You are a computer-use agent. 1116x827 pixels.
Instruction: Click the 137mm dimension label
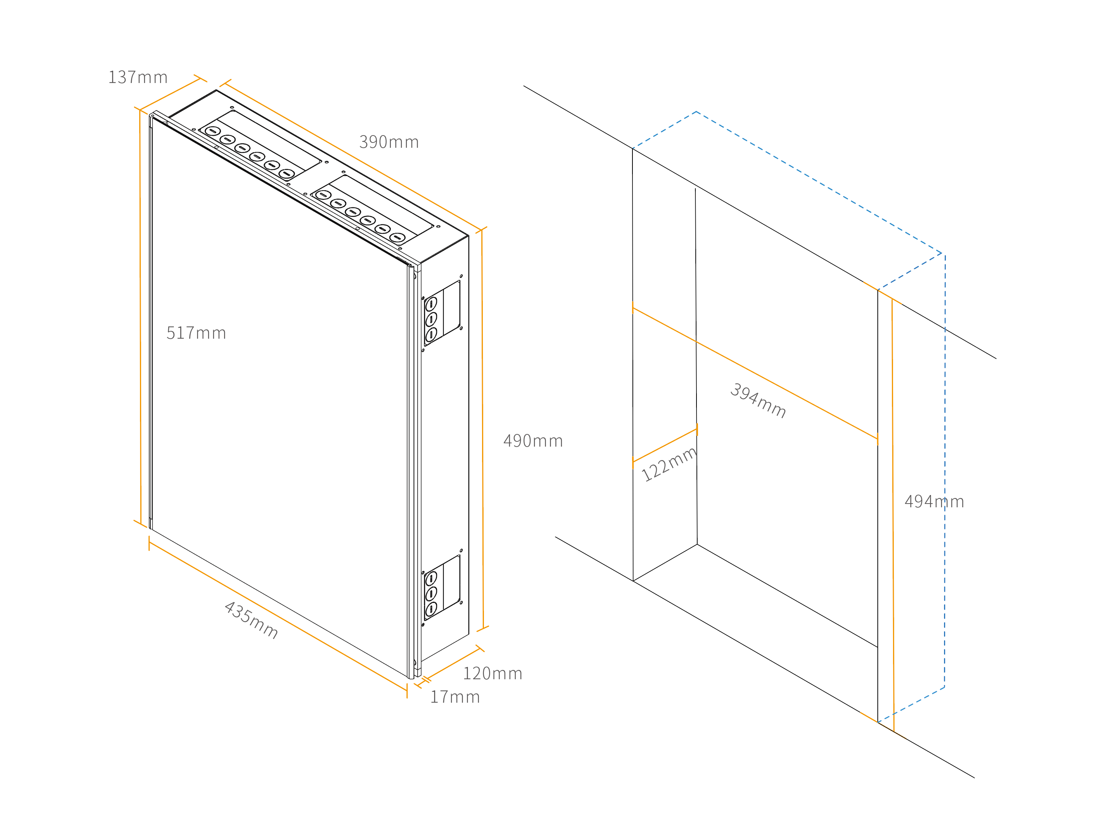click(138, 77)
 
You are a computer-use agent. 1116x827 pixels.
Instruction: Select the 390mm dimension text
click(389, 142)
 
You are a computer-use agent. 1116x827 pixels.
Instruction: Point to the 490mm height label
click(533, 441)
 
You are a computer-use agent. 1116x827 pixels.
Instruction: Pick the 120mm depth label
click(492, 674)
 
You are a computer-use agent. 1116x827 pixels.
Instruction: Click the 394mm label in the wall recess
click(758, 400)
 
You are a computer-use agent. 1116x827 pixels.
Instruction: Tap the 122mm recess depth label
click(669, 464)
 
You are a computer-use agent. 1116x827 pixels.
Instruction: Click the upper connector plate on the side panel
click(442, 313)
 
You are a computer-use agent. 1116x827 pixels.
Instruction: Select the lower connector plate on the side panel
click(442, 588)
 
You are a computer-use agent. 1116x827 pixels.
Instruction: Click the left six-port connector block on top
click(260, 145)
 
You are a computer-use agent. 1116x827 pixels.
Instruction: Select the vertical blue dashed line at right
click(945, 470)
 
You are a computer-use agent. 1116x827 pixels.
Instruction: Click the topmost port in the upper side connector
click(431, 304)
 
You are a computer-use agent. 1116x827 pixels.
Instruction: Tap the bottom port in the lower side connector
click(431, 609)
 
